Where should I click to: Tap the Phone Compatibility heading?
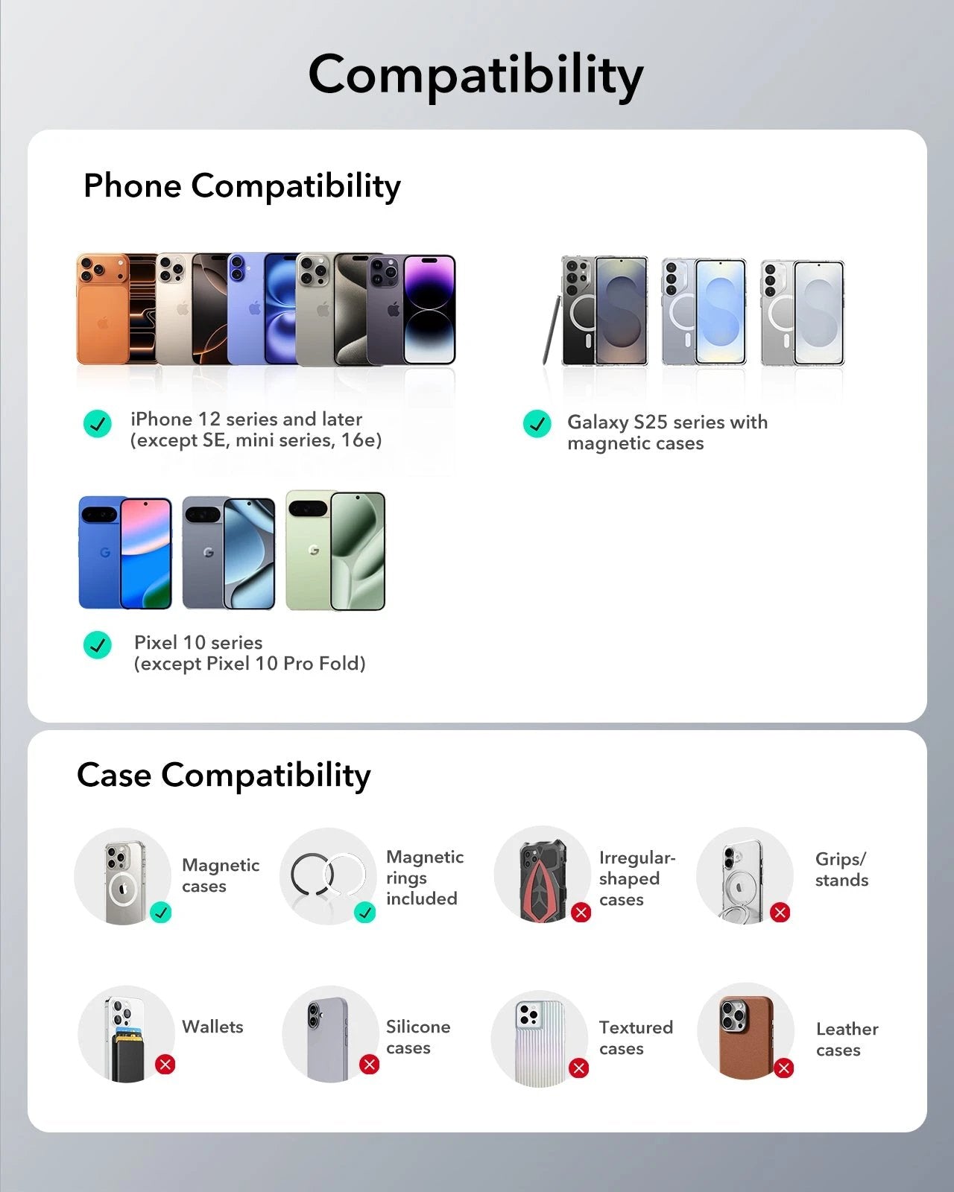pos(241,186)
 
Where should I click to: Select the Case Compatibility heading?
pos(224,775)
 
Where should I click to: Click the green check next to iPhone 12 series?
pos(97,424)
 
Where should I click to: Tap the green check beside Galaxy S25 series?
pos(537,424)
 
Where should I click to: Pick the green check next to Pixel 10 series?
pos(97,644)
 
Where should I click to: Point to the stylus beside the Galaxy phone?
pos(551,330)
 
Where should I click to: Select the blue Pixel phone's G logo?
pos(105,552)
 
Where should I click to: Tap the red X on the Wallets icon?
pos(165,1064)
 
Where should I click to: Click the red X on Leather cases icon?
pos(783,1068)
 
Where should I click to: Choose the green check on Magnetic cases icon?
pos(161,913)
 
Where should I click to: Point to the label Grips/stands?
pos(841,869)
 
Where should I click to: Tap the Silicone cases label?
pos(418,1037)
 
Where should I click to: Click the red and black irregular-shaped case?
pos(543,881)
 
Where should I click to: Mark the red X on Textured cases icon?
pos(578,1068)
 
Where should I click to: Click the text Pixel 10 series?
pos(198,642)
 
